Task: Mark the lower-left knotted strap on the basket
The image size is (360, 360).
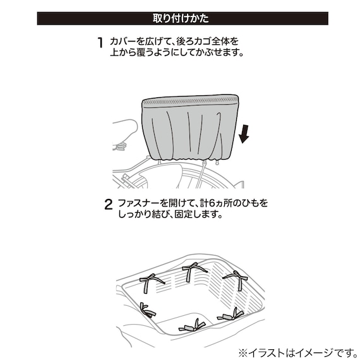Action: click(147, 310)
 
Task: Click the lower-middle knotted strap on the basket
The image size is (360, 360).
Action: click(190, 325)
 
